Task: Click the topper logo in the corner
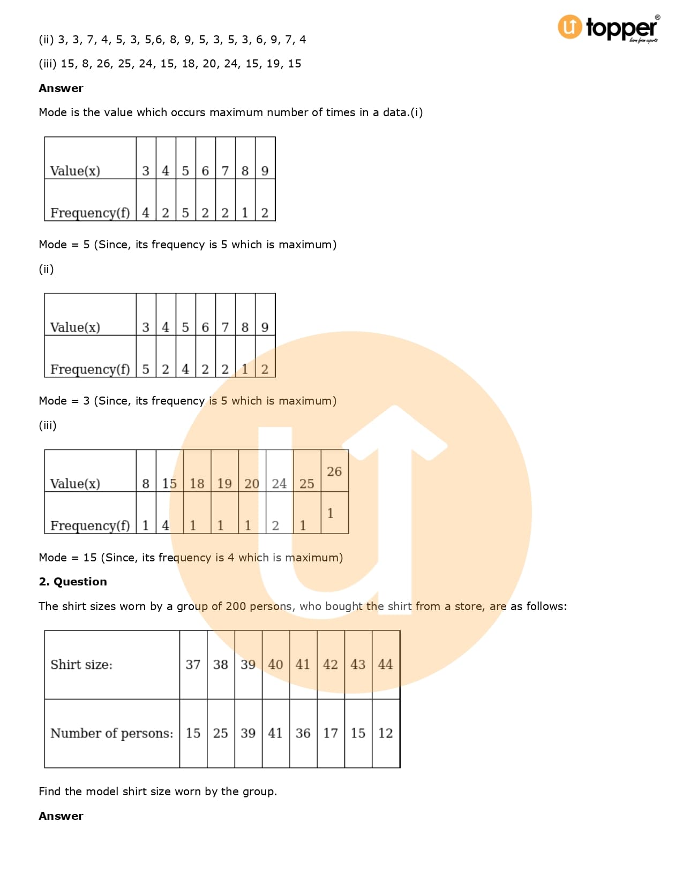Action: [609, 28]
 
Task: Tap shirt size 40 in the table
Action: [275, 664]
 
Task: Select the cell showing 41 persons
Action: [275, 733]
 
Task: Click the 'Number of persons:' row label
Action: [111, 733]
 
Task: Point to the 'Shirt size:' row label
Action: [81, 664]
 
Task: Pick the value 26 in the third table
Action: [334, 471]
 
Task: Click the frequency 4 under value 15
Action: [165, 526]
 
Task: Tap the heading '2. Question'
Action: [73, 582]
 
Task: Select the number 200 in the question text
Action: [236, 606]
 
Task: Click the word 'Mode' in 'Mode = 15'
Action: [52, 557]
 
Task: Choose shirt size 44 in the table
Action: [385, 664]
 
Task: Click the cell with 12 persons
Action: [385, 733]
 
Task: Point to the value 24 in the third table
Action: [279, 483]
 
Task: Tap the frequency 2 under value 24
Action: [275, 526]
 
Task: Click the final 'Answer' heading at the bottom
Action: [61, 816]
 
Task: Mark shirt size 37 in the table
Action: [193, 664]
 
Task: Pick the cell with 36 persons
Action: [303, 733]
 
